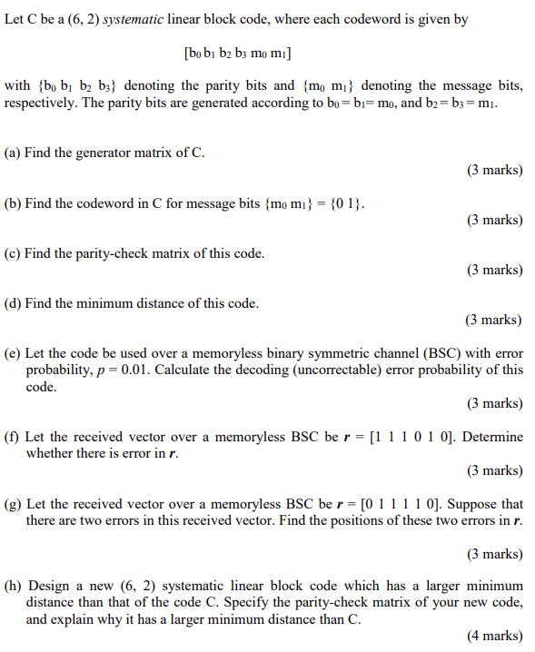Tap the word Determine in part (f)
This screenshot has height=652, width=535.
click(493, 437)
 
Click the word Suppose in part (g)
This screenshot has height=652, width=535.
click(473, 504)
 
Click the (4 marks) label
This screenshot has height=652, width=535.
click(495, 637)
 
